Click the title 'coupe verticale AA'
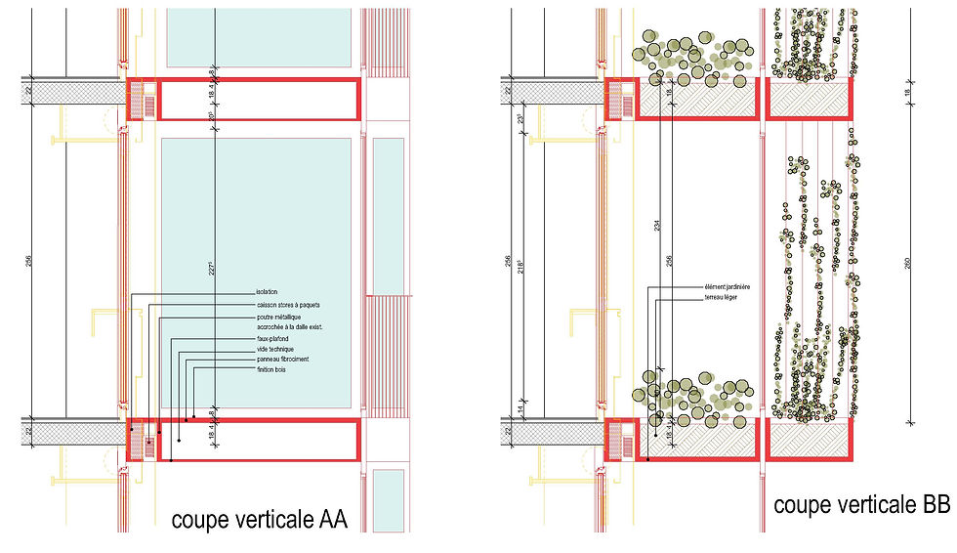click(x=259, y=519)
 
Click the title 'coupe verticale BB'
click(x=861, y=505)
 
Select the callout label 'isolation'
click(x=266, y=292)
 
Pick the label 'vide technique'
click(x=274, y=349)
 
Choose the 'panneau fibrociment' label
click(x=282, y=360)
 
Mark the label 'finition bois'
click(x=272, y=370)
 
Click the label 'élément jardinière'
click(x=719, y=287)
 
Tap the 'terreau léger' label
click(x=711, y=298)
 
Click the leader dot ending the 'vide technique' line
click(x=171, y=460)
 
